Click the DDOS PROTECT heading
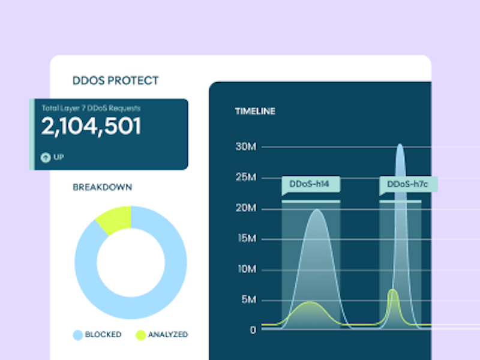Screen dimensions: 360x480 pyautogui.click(x=116, y=80)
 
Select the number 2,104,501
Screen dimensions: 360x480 pyautogui.click(x=91, y=127)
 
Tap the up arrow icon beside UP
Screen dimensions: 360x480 pyautogui.click(x=45, y=157)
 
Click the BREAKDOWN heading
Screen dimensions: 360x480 pyautogui.click(x=103, y=187)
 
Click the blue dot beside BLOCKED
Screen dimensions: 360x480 pyautogui.click(x=77, y=334)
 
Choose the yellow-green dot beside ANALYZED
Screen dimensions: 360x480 pyautogui.click(x=140, y=334)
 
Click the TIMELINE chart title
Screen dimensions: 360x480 pyautogui.click(x=255, y=111)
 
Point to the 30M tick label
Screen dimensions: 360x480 pyautogui.click(x=246, y=146)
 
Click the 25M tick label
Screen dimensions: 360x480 pyautogui.click(x=246, y=178)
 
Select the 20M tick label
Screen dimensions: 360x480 pyautogui.click(x=246, y=208)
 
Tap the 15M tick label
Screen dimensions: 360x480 pyautogui.click(x=246, y=239)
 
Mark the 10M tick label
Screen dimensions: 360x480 pyautogui.click(x=246, y=269)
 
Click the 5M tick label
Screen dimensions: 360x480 pyautogui.click(x=248, y=299)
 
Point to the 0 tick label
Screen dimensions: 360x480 pyautogui.click(x=253, y=330)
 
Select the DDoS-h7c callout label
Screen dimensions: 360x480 pyautogui.click(x=409, y=184)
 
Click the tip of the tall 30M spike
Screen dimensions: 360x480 pyautogui.click(x=400, y=145)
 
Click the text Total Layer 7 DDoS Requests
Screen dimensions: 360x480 pyautogui.click(x=91, y=109)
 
